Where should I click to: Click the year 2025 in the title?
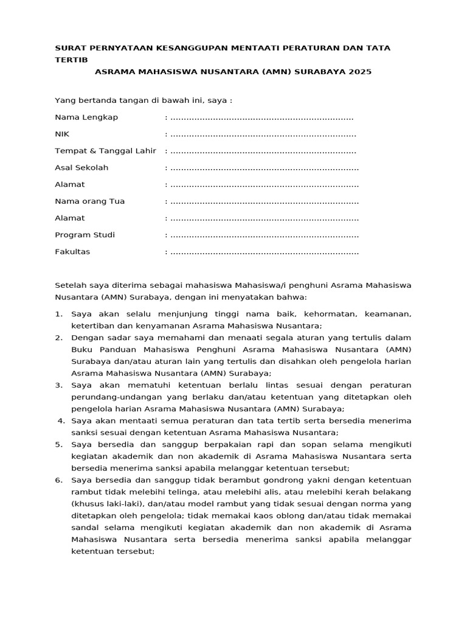pos(360,72)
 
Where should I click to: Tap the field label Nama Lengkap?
pos(86,117)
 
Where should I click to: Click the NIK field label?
pos(63,134)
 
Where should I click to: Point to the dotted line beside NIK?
pos(263,134)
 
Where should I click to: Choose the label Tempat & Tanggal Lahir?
pos(106,151)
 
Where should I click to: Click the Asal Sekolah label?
pos(81,168)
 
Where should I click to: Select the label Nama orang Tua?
pos(89,201)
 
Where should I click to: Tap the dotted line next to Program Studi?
pos(264,235)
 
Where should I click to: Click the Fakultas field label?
pos(72,252)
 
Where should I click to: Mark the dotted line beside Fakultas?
pos(264,252)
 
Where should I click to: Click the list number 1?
pos(58,315)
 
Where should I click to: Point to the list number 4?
pos(60,420)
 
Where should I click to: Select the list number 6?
pos(58,480)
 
